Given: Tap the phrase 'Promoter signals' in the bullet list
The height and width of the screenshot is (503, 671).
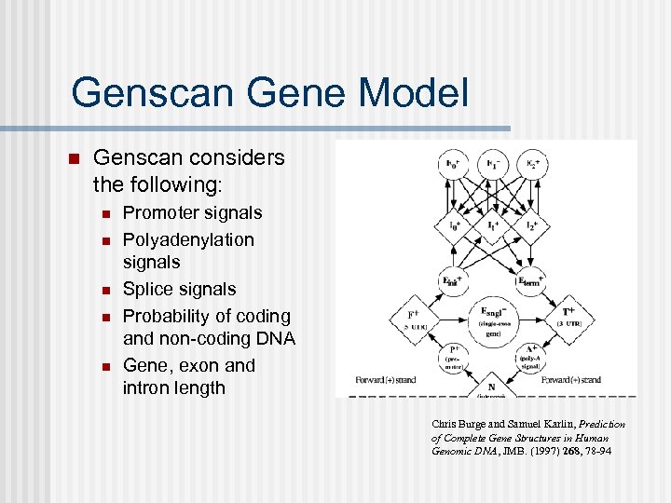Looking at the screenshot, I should (192, 213).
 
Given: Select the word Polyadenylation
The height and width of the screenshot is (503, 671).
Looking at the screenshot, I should (188, 239).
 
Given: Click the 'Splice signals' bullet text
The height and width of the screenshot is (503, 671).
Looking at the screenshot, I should (179, 290).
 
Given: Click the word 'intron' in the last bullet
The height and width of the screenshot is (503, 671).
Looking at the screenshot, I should (145, 387).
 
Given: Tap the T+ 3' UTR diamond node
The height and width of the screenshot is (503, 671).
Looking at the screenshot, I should (568, 318).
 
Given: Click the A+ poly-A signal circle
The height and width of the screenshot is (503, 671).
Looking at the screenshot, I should (528, 354).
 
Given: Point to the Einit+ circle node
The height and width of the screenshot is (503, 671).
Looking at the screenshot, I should (454, 279).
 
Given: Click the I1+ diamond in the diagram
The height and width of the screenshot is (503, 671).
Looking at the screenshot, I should (491, 226).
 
